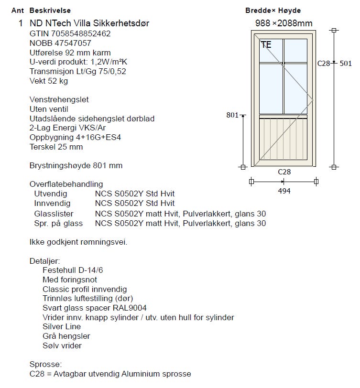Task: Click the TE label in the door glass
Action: (266, 45)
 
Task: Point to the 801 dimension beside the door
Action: (232, 115)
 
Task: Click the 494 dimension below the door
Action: (284, 191)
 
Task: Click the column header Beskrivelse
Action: (49, 11)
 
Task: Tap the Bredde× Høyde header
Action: (273, 11)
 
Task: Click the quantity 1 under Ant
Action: (21, 23)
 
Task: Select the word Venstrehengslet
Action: (59, 100)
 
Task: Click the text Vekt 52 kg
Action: (49, 81)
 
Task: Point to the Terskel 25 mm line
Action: (56, 147)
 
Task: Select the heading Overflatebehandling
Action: (66, 184)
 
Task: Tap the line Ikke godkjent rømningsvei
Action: (78, 242)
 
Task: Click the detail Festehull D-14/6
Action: (73, 270)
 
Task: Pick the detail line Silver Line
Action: (62, 327)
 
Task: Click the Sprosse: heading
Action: (45, 364)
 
